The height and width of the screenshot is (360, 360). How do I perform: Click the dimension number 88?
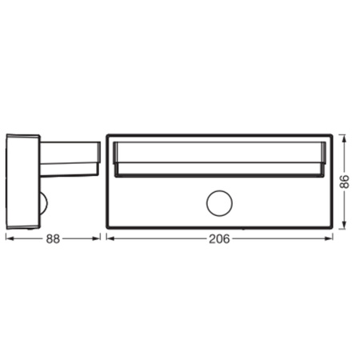tap(52, 238)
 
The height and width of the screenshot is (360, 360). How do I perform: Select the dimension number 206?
tap(217, 238)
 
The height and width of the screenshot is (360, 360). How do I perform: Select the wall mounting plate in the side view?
tap(22, 182)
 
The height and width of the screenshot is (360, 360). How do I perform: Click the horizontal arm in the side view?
tap(70, 158)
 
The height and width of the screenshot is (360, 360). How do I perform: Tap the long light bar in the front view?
tap(218, 156)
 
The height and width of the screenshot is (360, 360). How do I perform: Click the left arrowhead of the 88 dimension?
tap(9, 238)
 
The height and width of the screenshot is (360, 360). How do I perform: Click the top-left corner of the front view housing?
tap(108, 134)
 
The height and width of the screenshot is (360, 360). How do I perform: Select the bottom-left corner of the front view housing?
tap(108, 228)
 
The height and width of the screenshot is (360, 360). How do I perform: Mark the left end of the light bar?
tap(113, 156)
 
